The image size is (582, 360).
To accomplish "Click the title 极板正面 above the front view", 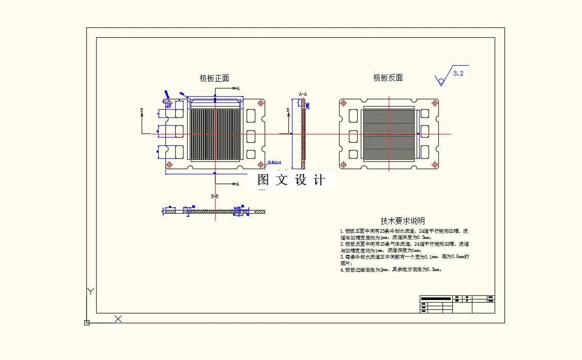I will pyautogui.click(x=215, y=78).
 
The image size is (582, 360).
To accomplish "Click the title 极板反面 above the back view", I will pyautogui.click(x=388, y=78).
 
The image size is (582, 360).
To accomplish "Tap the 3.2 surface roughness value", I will pyautogui.click(x=458, y=73).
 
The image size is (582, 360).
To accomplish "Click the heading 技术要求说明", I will pyautogui.click(x=403, y=221).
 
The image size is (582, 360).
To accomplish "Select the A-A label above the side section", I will pyautogui.click(x=303, y=94).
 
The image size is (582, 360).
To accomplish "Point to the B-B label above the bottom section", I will pyautogui.click(x=215, y=197).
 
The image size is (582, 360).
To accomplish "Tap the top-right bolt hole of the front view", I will pyautogui.click(x=261, y=103).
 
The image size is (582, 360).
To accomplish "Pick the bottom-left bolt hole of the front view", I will pyautogui.click(x=169, y=164).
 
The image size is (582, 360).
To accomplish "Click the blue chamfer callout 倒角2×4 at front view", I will pyautogui.click(x=274, y=162).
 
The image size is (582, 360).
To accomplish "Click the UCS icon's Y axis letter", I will pyautogui.click(x=90, y=292).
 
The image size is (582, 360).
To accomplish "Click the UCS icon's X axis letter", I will pyautogui.click(x=118, y=319).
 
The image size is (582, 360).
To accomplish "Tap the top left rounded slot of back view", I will pyautogui.click(x=354, y=115).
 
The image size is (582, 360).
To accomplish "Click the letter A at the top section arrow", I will pyautogui.click(x=238, y=88).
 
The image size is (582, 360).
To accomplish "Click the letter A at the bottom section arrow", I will pyautogui.click(x=238, y=184).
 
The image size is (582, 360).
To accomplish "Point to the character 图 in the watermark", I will pyautogui.click(x=264, y=179).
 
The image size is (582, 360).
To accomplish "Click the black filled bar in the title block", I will pyautogui.click(x=436, y=298).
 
